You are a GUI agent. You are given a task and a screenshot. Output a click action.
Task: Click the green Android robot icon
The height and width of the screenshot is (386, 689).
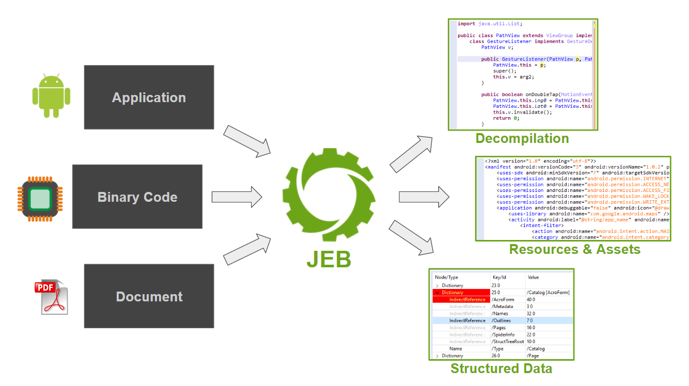click(x=51, y=96)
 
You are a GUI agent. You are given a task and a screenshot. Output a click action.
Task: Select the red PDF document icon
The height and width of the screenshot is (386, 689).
click(x=50, y=297)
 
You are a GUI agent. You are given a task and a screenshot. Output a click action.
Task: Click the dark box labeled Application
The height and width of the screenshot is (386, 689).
click(x=149, y=98)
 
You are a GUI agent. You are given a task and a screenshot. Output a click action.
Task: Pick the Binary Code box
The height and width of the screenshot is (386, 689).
click(x=137, y=197)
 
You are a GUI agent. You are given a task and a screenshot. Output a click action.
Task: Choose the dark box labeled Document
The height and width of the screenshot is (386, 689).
click(x=149, y=297)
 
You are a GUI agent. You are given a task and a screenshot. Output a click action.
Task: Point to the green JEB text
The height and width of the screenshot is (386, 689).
click(x=328, y=260)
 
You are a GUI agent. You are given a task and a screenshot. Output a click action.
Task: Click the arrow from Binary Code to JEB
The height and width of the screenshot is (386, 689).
click(x=237, y=197)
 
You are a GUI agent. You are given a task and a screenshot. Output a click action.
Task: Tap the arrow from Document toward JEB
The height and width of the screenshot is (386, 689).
click(x=247, y=250)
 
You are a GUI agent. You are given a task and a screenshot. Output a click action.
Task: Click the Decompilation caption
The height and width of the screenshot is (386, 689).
click(x=522, y=138)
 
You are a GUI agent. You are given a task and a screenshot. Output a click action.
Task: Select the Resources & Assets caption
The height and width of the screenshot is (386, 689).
click(x=574, y=249)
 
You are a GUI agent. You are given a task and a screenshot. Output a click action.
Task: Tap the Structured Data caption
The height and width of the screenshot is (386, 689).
click(x=501, y=368)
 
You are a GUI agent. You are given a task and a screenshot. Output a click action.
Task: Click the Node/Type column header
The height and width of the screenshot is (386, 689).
click(x=447, y=277)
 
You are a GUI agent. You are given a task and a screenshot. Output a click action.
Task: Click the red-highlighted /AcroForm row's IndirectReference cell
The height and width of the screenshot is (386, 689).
click(x=467, y=299)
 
